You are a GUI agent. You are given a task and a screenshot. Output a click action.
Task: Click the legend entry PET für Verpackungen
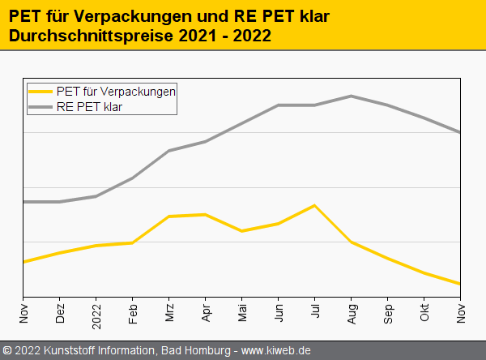[x=116, y=92]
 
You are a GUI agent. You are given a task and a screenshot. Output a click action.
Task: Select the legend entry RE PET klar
[x=89, y=106]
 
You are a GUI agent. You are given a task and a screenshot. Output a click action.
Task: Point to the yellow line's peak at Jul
[x=314, y=205]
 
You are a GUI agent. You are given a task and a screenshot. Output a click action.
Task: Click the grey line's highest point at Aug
[x=351, y=96]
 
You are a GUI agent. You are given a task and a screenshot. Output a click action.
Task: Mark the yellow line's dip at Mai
[x=241, y=231]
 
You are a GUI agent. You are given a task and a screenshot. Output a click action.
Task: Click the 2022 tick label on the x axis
[x=96, y=312]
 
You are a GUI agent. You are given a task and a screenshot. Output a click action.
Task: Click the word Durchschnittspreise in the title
[x=79, y=36]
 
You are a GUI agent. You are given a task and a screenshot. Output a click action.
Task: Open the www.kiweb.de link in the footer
[x=276, y=351]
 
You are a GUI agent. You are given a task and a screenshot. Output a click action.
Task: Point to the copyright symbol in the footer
[x=7, y=351]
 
